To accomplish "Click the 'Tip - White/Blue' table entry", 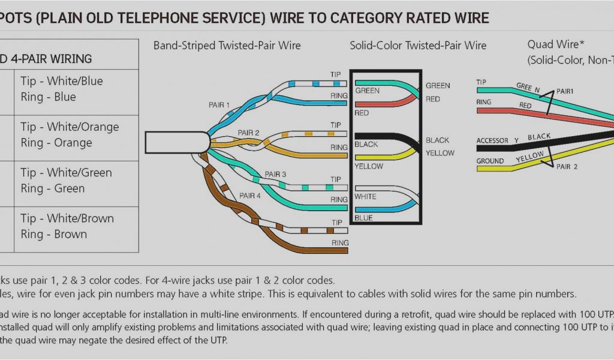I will (x=61, y=81).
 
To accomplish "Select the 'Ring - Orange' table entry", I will (x=56, y=143).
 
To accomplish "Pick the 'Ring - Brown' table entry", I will (x=53, y=234).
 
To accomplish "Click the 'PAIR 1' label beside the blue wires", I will (x=219, y=105).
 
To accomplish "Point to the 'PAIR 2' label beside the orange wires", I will (x=248, y=133).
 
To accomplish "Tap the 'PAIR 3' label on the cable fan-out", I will (x=276, y=175).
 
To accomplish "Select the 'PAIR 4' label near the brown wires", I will (x=250, y=196).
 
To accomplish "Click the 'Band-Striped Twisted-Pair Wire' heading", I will (x=227, y=46).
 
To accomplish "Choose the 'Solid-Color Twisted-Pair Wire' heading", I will (x=419, y=46).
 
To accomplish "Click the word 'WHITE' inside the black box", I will (x=365, y=196).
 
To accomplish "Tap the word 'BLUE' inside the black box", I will (x=363, y=218).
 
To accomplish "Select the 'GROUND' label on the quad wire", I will (x=490, y=161).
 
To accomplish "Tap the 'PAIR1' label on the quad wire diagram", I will (x=565, y=91).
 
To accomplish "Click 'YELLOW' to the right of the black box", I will (x=440, y=153).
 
